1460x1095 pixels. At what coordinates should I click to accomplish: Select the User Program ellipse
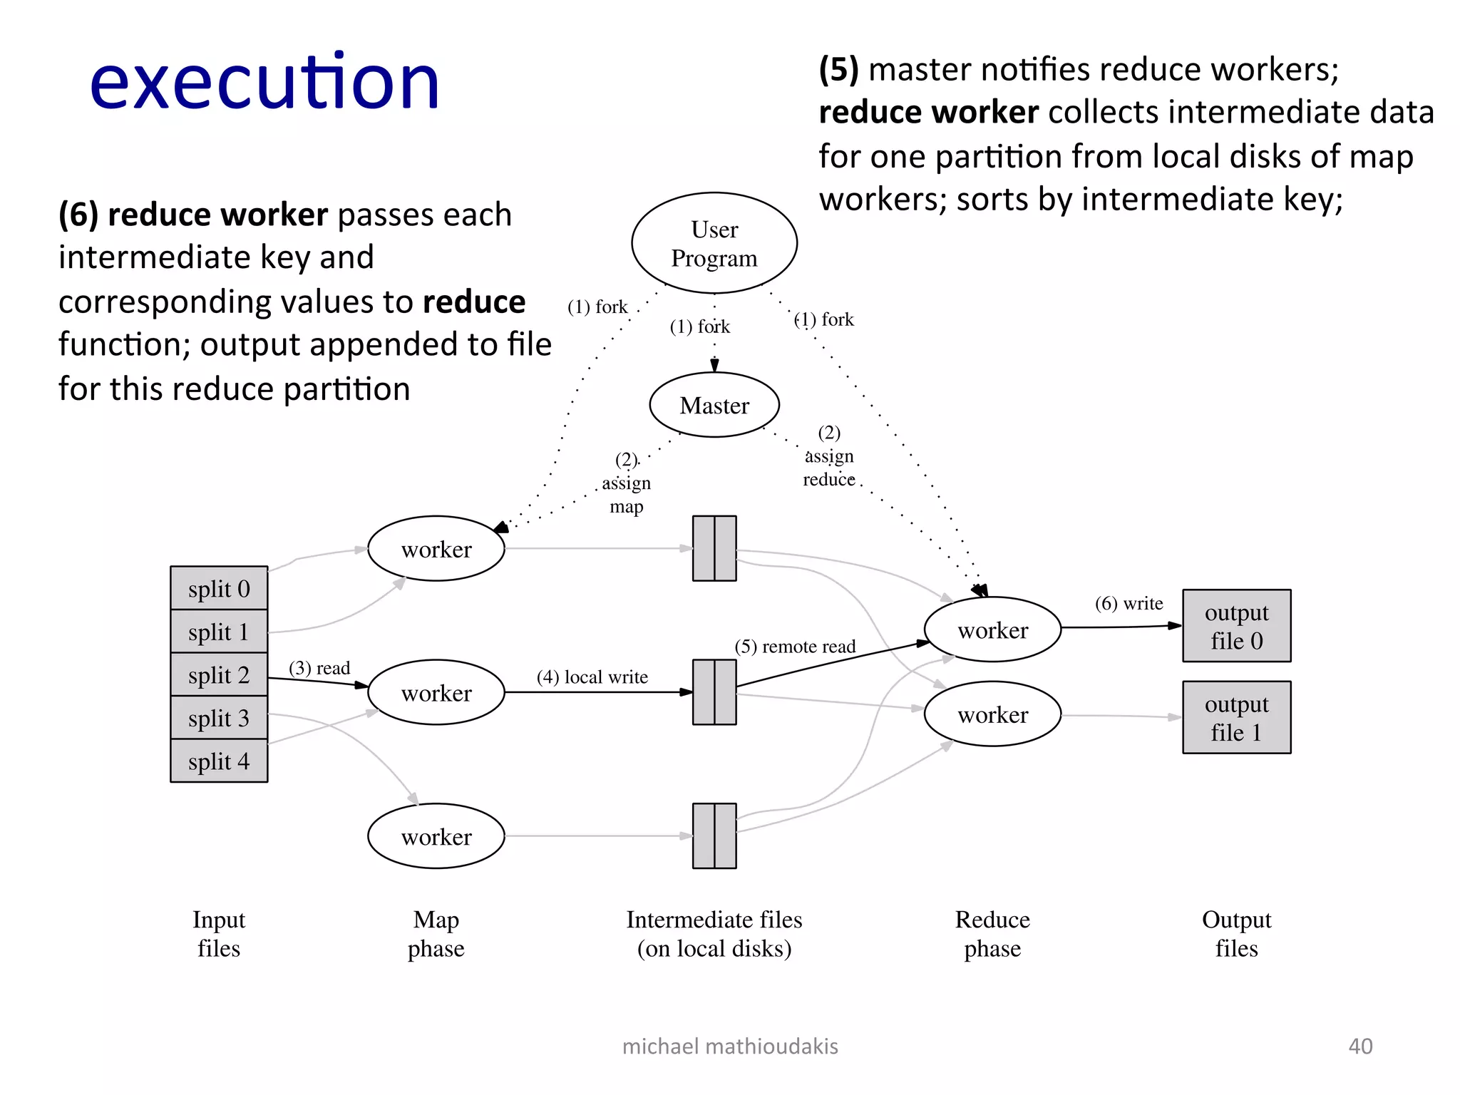click(714, 243)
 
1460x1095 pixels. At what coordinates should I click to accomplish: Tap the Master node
click(714, 405)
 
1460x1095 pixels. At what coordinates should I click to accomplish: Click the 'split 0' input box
click(219, 589)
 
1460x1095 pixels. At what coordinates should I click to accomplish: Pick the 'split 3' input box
click(219, 718)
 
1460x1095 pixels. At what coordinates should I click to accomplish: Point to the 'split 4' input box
click(219, 761)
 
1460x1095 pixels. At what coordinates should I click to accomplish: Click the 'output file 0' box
click(1236, 626)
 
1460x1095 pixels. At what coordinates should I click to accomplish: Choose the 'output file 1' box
click(1236, 717)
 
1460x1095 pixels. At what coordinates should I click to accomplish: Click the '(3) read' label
click(319, 668)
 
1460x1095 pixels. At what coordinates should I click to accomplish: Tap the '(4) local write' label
click(592, 677)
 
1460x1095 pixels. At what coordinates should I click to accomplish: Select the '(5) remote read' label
click(795, 647)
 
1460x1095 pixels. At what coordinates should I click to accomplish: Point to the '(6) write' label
click(1129, 604)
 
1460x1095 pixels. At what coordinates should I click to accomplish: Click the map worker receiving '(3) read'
click(436, 692)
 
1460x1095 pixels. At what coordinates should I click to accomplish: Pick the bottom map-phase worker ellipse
click(436, 836)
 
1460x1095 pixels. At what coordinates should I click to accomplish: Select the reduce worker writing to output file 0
click(992, 629)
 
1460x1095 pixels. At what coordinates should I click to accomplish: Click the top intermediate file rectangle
click(714, 548)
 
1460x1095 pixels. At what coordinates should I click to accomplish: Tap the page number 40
click(1360, 1046)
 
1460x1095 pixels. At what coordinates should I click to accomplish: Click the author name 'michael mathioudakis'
click(730, 1046)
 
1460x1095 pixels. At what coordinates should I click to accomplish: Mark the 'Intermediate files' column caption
click(714, 920)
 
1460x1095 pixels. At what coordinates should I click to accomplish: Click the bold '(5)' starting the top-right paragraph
click(838, 70)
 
